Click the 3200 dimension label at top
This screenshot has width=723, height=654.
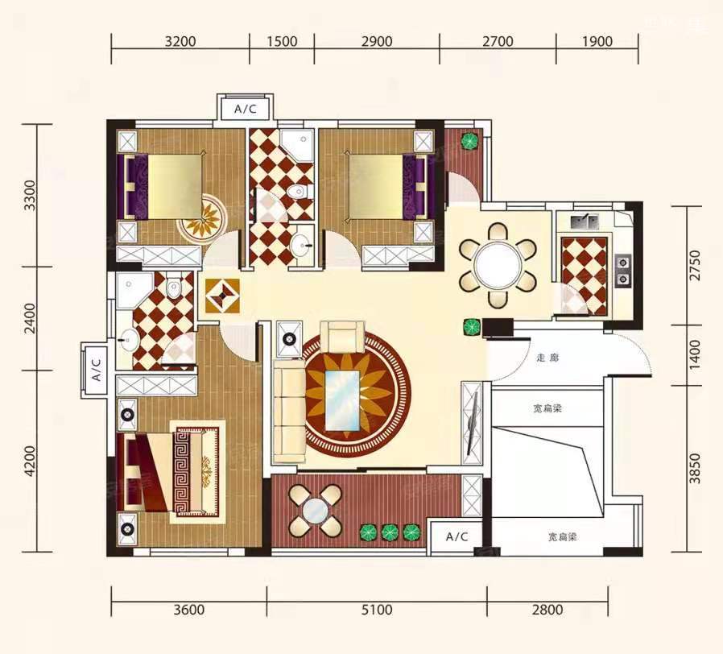click(180, 42)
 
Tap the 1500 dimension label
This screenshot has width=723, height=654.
click(282, 42)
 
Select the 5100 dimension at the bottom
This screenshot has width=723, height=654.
click(377, 610)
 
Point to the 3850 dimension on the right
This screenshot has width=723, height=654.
click(694, 469)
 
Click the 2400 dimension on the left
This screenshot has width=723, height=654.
click(30, 318)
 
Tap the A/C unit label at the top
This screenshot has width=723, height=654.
click(246, 110)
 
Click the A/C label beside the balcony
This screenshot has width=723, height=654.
click(457, 536)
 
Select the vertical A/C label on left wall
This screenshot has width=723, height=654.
click(96, 370)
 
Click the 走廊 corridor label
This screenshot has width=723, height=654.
click(547, 358)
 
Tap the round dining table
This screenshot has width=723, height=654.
click(498, 266)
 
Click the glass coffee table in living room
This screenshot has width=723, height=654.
click(342, 400)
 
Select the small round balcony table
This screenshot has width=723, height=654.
click(316, 511)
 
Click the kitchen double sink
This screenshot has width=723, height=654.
click(585, 221)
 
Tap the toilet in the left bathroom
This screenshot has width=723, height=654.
click(174, 288)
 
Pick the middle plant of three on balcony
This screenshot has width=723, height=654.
click(390, 532)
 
